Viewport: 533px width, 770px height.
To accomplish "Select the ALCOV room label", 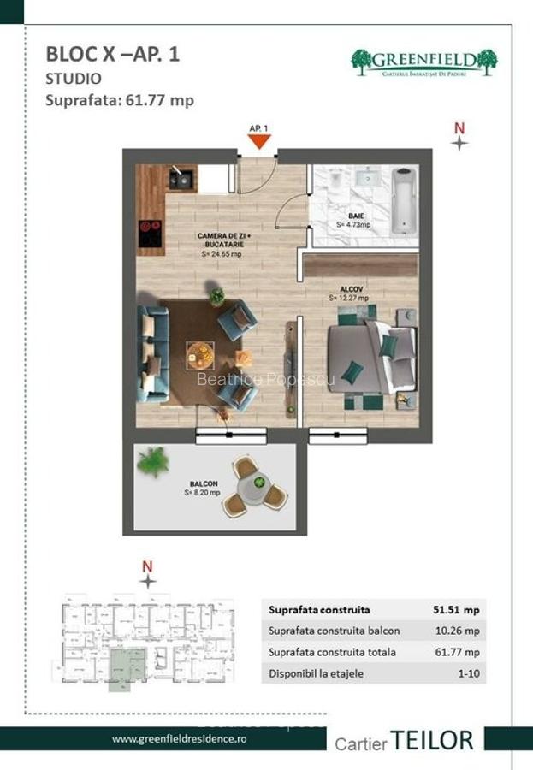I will pyautogui.click(x=347, y=290).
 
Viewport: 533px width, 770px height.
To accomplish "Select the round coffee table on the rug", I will pyautogui.click(x=202, y=352).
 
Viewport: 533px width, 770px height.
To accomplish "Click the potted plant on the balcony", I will pyautogui.click(x=153, y=462).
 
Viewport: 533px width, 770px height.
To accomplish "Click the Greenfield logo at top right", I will pyautogui.click(x=424, y=62).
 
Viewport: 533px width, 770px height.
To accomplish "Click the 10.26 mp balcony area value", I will pyautogui.click(x=457, y=631).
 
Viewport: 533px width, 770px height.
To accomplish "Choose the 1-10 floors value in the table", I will pyautogui.click(x=466, y=673).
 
